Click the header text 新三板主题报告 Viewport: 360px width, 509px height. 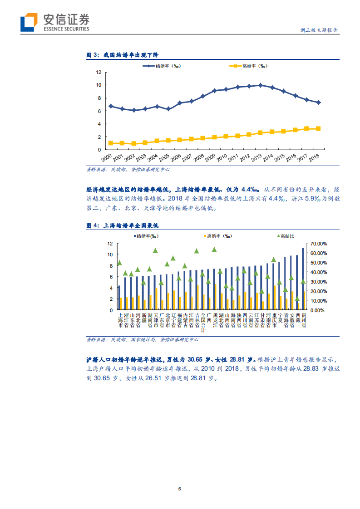tap(319, 30)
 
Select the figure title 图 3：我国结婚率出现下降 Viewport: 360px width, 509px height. tap(123, 55)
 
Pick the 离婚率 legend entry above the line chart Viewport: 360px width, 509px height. tap(248, 66)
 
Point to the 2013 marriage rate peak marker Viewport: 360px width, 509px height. tap(260, 85)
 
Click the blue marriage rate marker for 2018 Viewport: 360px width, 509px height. tap(318, 103)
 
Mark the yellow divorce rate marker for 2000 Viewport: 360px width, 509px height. tap(110, 143)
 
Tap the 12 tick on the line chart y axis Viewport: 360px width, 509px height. tap(98, 72)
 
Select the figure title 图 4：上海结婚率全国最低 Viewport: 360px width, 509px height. tap(122, 225)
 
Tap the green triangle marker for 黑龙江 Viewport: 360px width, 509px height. tap(214, 250)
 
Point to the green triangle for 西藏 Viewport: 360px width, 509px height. tap(297, 299)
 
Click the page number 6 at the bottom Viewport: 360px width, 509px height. tap(180, 489)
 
